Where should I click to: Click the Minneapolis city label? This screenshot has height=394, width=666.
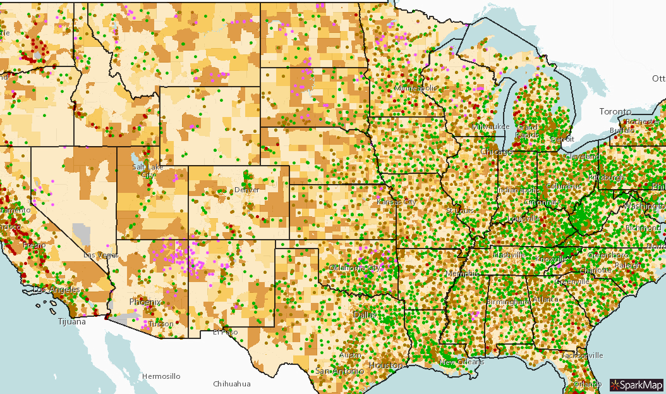(x=415, y=88)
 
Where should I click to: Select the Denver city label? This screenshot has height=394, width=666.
(x=246, y=190)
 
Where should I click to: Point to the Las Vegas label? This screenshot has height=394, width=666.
(x=101, y=255)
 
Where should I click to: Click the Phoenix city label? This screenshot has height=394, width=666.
(x=145, y=302)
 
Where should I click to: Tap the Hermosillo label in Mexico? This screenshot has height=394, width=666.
(x=160, y=376)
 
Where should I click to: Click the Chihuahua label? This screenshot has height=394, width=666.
(x=232, y=384)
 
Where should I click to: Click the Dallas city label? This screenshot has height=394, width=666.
(x=365, y=314)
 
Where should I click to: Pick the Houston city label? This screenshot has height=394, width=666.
(x=386, y=366)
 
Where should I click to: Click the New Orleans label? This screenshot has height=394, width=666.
(x=462, y=362)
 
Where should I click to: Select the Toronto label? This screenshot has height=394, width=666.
(x=615, y=111)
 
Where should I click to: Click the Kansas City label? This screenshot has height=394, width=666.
(x=396, y=202)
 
